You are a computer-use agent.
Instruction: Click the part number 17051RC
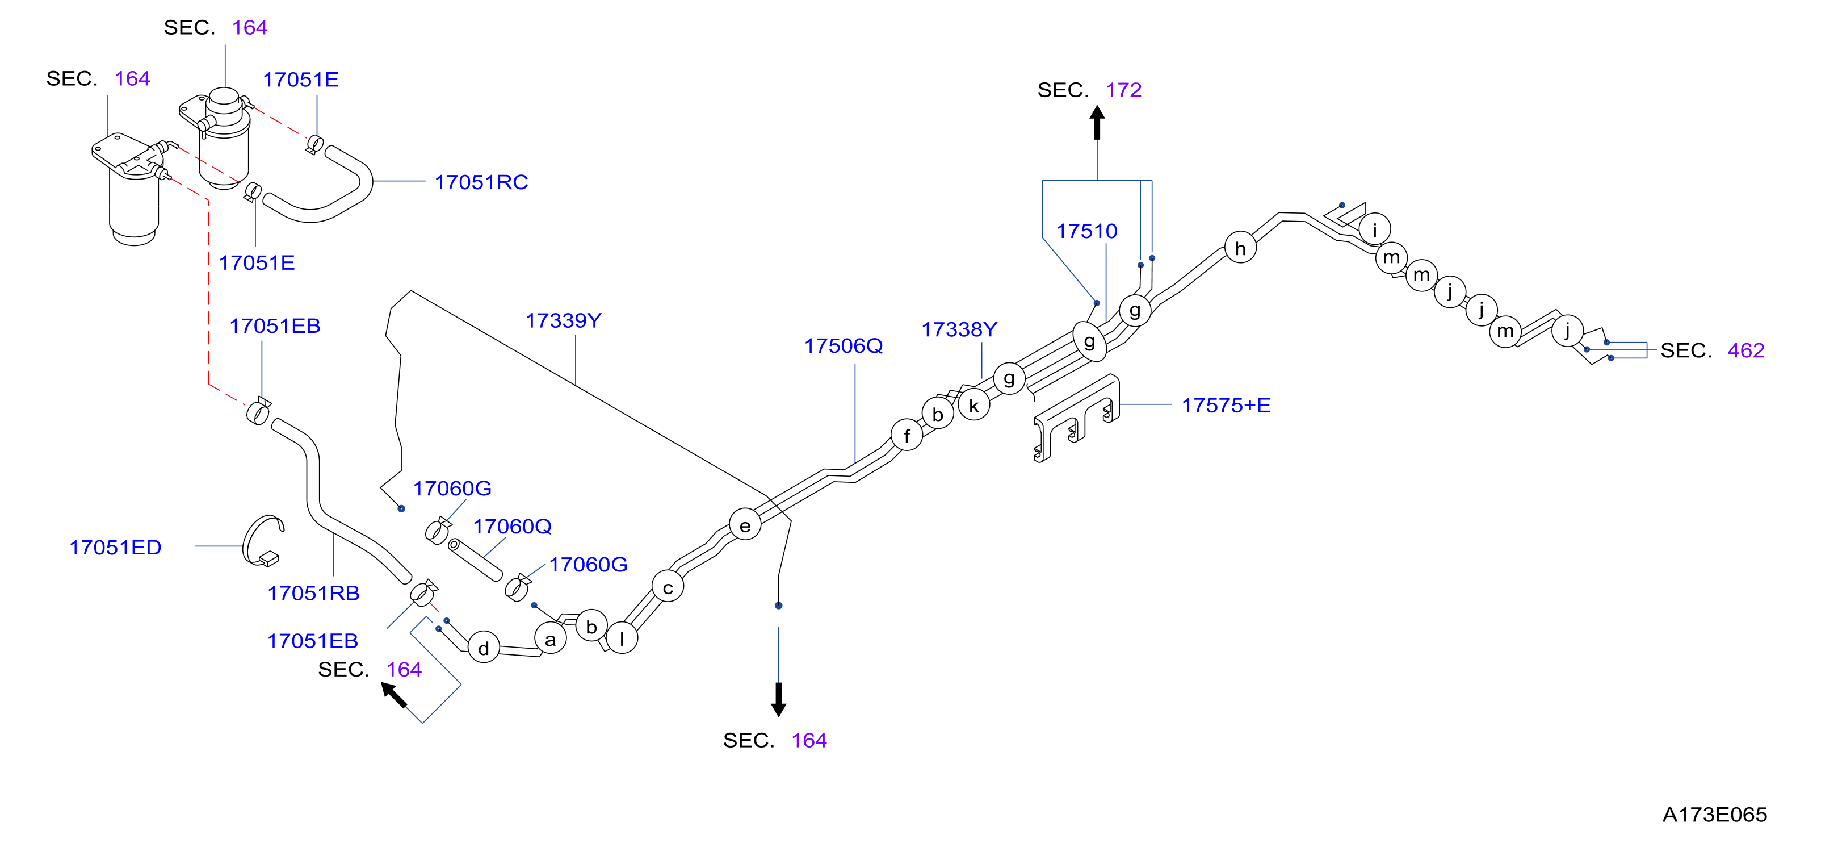[x=481, y=182]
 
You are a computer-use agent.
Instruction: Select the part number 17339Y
[x=563, y=320]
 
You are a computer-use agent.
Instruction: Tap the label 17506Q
[x=844, y=345]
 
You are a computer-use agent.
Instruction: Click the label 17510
[x=1086, y=231]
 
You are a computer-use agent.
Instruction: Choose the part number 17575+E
[x=1226, y=406]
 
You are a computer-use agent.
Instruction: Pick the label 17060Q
[x=513, y=526]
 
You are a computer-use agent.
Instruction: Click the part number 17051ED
[x=115, y=548]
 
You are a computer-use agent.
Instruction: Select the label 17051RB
[x=313, y=593]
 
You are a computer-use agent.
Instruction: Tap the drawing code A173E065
[x=1715, y=815]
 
